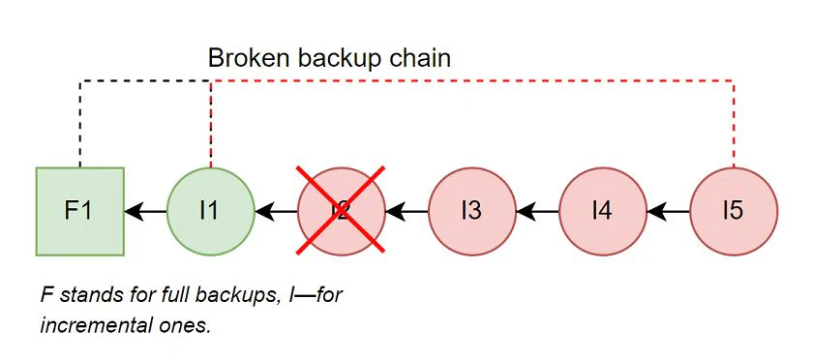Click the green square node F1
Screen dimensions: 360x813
coord(79,211)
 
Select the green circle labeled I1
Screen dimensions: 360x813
coord(210,211)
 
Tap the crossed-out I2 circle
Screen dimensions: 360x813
coord(341,211)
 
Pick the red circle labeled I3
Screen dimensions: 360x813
coord(471,211)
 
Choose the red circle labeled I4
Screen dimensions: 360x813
coord(602,211)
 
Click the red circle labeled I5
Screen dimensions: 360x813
coord(733,211)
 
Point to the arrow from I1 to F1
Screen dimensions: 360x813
coord(145,211)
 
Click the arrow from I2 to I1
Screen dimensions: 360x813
coord(276,211)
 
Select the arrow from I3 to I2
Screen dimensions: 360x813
coord(406,211)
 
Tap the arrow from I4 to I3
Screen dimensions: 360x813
coord(537,211)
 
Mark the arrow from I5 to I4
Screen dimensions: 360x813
coord(668,211)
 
